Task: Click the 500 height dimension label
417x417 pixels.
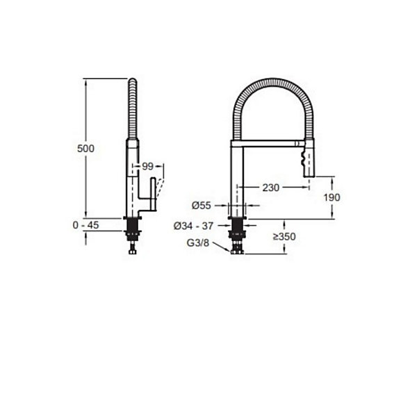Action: [85, 149]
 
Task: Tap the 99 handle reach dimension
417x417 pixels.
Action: [147, 167]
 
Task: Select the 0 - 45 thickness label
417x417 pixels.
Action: [85, 225]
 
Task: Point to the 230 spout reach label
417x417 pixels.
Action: [271, 188]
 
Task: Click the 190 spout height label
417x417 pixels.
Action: [332, 197]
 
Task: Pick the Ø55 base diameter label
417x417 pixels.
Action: [202, 205]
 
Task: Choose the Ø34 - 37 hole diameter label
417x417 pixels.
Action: [193, 226]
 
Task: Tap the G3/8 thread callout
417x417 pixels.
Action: [198, 243]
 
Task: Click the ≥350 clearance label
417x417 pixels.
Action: [284, 236]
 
